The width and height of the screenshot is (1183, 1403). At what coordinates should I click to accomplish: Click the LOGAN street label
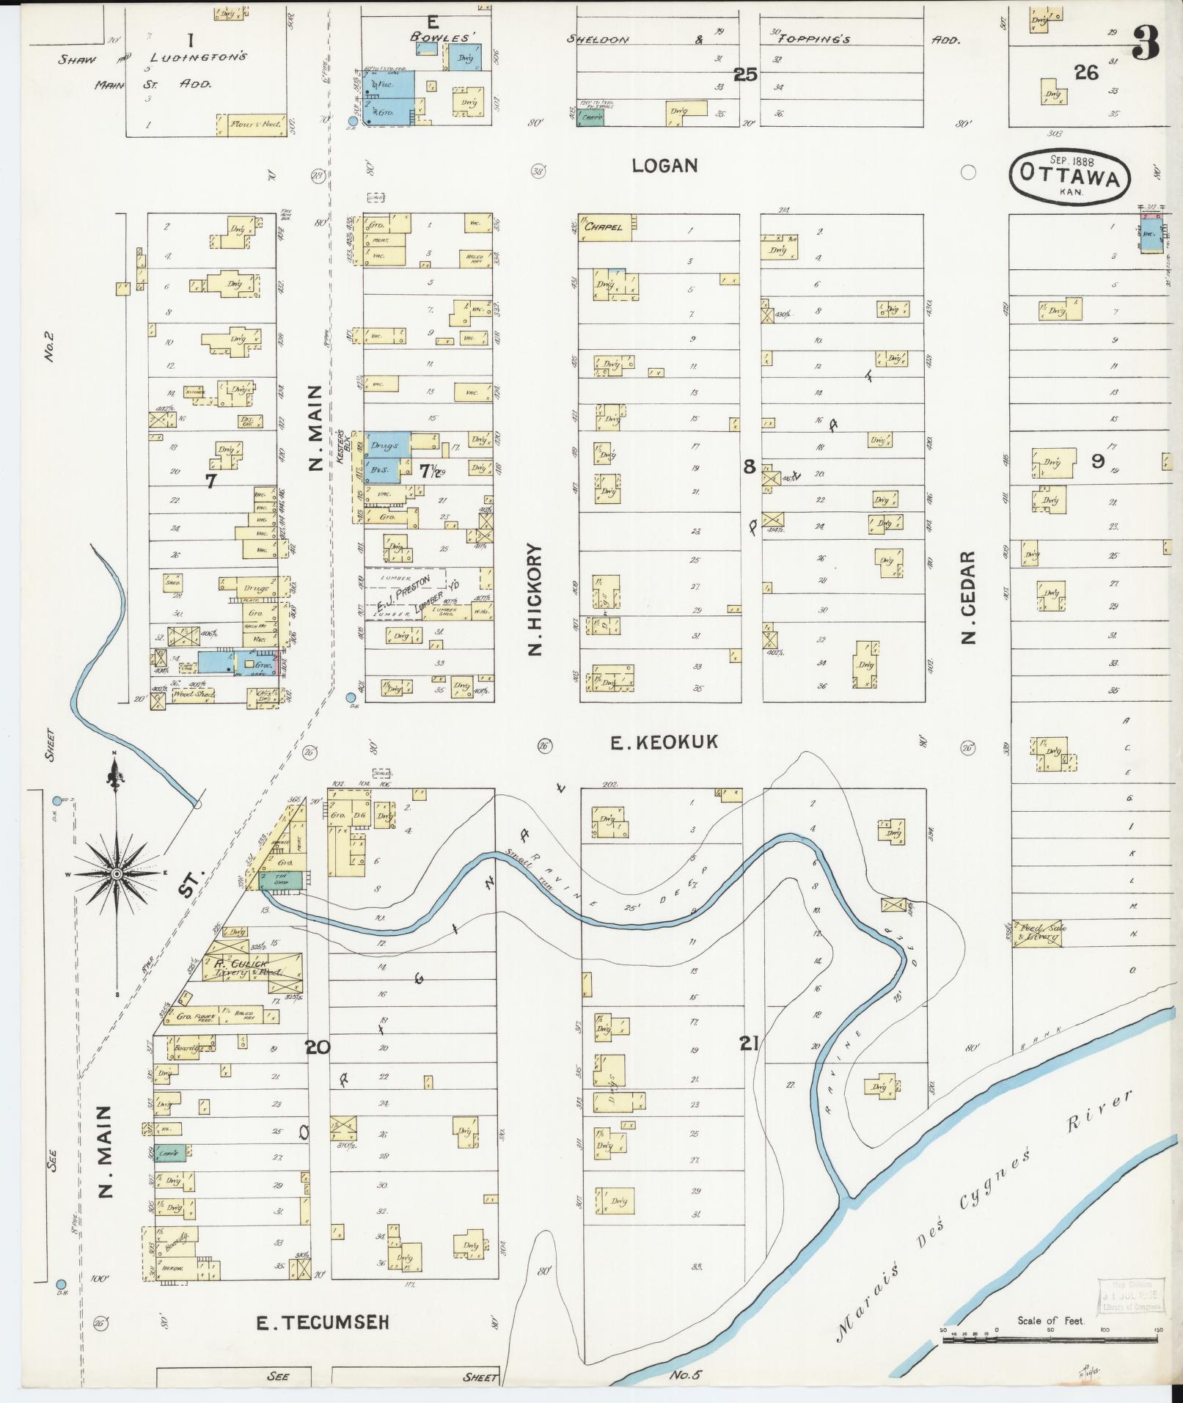664,166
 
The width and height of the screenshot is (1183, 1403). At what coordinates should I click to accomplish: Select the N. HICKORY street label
535,598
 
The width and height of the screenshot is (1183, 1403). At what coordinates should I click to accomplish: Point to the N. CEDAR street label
970,598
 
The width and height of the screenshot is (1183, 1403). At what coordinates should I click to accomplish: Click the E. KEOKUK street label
664,743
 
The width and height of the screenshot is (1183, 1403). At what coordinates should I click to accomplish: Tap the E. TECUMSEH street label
321,1322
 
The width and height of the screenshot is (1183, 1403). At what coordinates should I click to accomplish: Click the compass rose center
116,874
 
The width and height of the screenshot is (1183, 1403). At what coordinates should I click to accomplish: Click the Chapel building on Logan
605,227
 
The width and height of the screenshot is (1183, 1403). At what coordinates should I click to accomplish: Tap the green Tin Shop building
282,881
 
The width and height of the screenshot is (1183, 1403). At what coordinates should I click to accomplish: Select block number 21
748,1042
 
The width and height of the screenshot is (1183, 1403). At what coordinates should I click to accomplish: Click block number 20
318,1047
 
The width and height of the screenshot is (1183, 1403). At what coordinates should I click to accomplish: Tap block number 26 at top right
1086,72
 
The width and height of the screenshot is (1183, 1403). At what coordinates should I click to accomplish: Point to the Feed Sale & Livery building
1039,932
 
